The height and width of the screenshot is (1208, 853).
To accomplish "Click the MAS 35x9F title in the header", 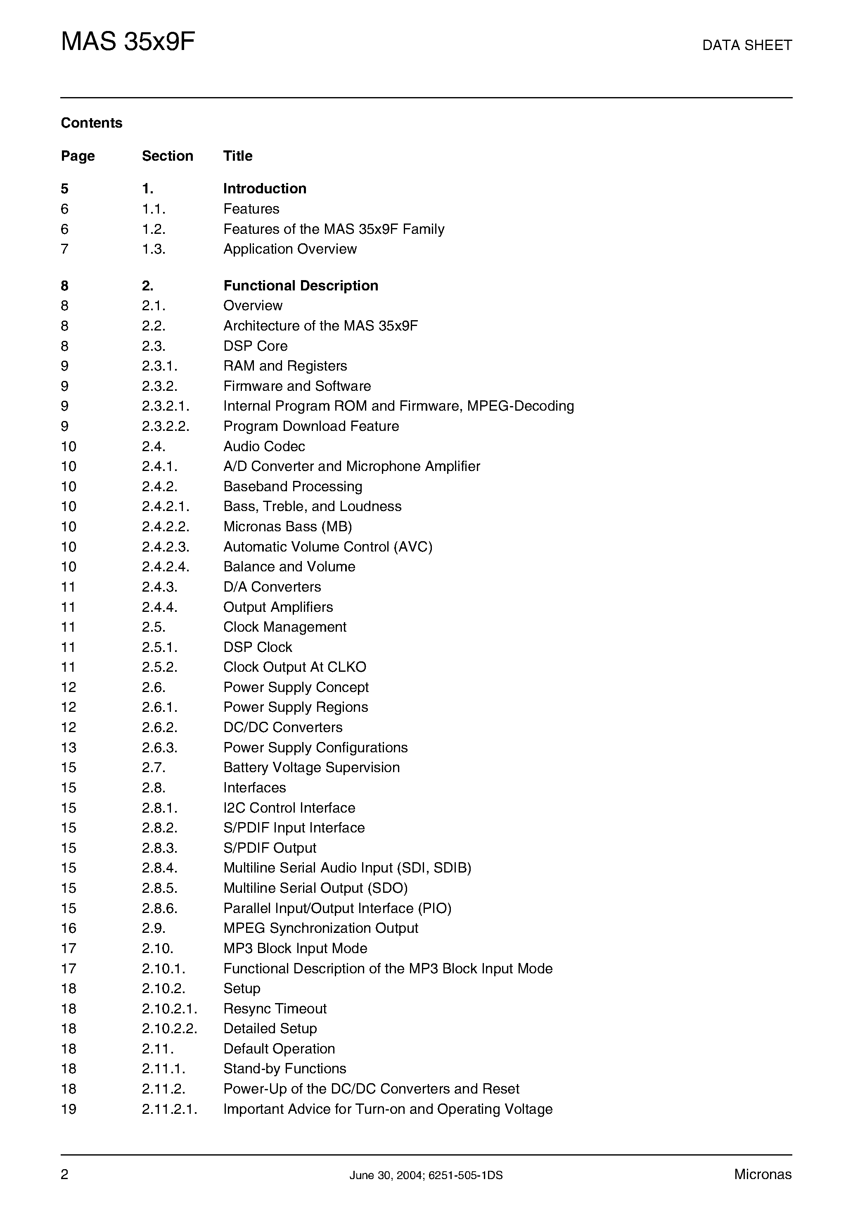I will pyautogui.click(x=128, y=42).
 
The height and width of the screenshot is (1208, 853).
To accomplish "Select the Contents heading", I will pyautogui.click(x=92, y=123).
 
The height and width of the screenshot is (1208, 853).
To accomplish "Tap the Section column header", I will pyautogui.click(x=167, y=156).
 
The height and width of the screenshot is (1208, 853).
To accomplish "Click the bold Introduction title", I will pyautogui.click(x=265, y=189).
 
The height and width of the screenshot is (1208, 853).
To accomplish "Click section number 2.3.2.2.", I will pyautogui.click(x=165, y=426).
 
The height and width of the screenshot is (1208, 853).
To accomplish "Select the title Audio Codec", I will pyautogui.click(x=264, y=447).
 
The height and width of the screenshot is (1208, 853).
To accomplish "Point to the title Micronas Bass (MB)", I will pyautogui.click(x=287, y=527).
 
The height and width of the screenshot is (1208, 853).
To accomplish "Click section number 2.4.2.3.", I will pyautogui.click(x=165, y=547).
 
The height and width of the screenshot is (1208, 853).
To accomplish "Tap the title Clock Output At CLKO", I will pyautogui.click(x=294, y=667).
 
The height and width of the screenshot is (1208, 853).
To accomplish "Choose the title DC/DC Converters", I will pyautogui.click(x=282, y=728).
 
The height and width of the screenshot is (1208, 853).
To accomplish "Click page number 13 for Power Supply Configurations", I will pyautogui.click(x=69, y=748).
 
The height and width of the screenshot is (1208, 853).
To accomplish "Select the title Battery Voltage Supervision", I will pyautogui.click(x=311, y=768).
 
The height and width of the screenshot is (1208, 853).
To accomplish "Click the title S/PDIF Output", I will pyautogui.click(x=269, y=848).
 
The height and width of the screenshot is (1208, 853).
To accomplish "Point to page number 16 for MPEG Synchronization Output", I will pyautogui.click(x=69, y=929).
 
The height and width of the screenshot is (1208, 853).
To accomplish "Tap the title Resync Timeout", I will pyautogui.click(x=275, y=1009).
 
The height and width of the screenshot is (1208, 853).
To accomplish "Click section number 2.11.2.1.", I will pyautogui.click(x=169, y=1110).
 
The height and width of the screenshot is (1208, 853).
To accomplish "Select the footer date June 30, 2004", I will pyautogui.click(x=386, y=1175).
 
